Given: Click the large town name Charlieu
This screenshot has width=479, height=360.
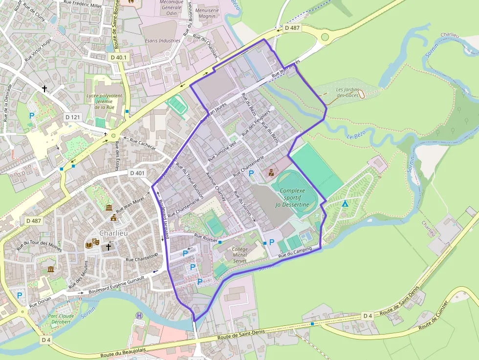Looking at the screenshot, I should pos(113,233).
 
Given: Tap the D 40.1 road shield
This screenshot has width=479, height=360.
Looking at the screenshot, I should pos(118,57).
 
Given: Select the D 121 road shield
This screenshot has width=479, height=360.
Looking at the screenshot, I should pos(72,117).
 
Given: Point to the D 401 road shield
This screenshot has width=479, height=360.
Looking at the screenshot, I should pos(138,173).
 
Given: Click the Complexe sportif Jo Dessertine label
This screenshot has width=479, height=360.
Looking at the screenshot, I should pos(292,197).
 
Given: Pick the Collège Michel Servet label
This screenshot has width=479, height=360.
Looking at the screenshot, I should pos(240,255).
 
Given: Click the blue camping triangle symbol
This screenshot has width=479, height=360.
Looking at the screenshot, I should pos(345,204).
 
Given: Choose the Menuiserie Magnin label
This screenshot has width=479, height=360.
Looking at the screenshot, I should pos(207,13).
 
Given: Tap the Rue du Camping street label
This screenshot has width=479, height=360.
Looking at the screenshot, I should pos(295,253).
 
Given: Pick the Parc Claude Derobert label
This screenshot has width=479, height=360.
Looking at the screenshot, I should pos(60,318).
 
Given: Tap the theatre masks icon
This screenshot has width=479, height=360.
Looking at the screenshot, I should pos(89,243).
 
